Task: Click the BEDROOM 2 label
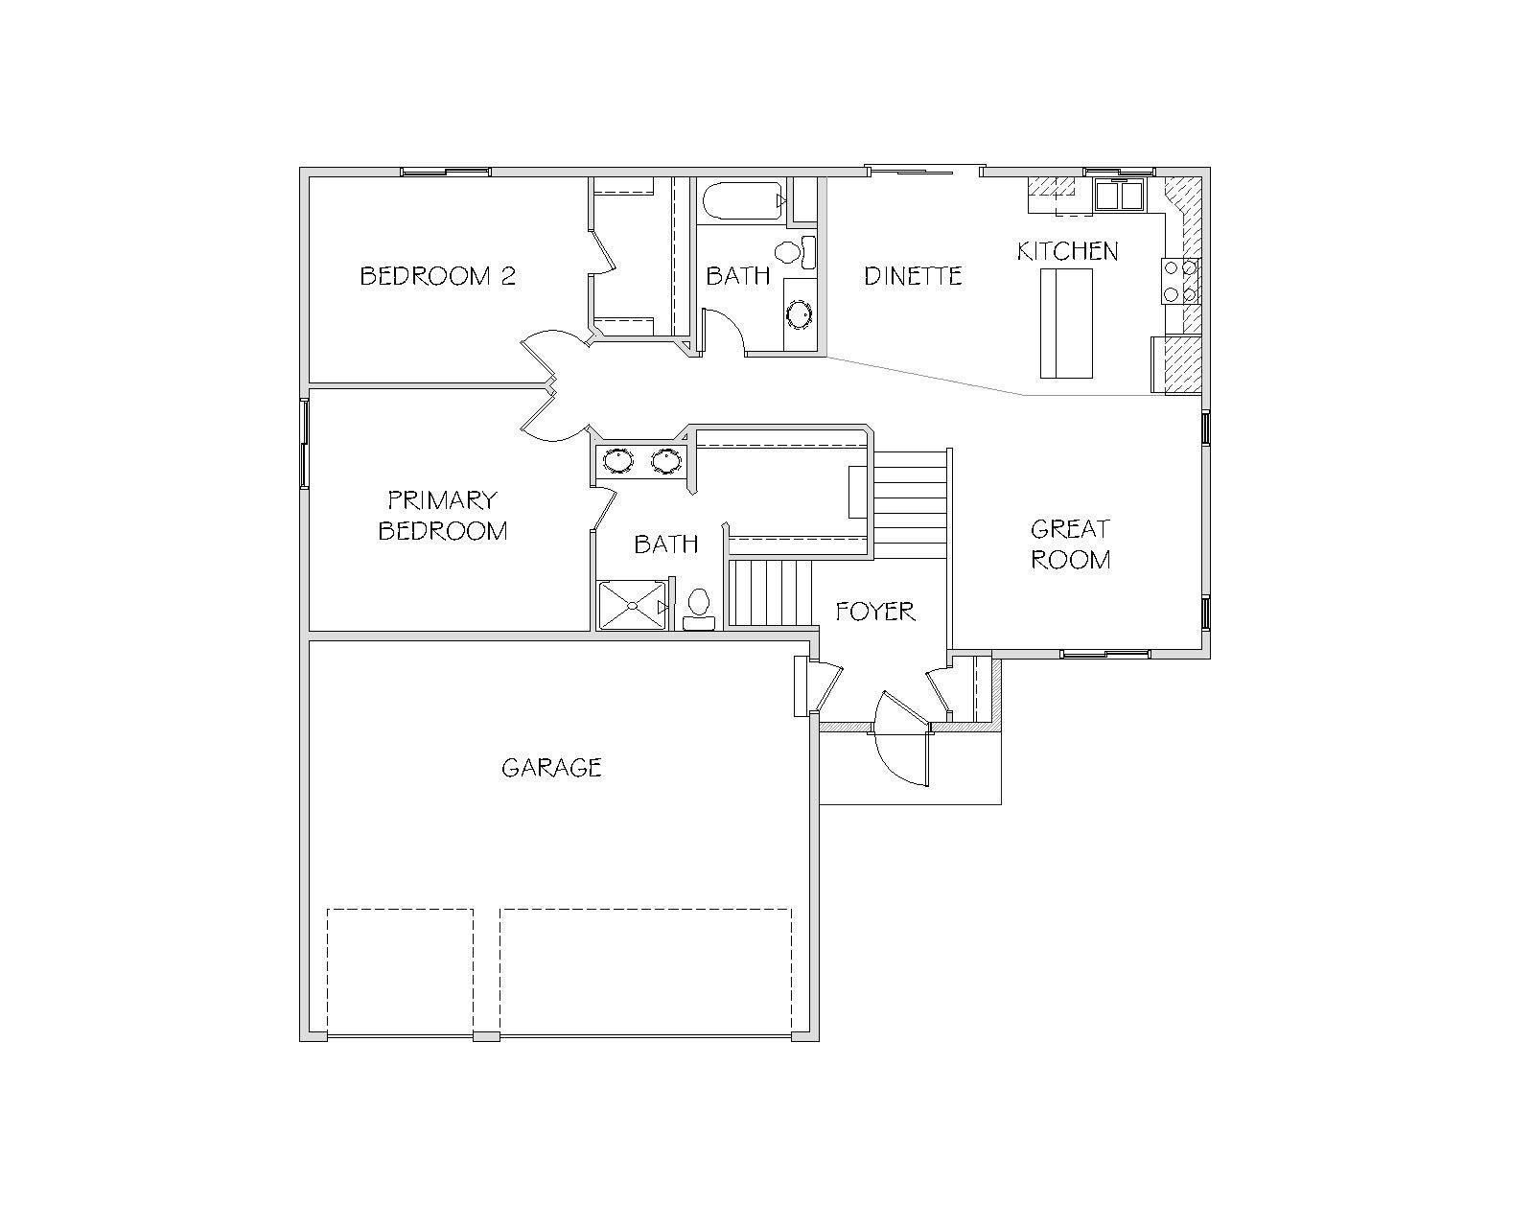click(x=438, y=276)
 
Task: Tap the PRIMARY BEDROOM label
click(x=442, y=516)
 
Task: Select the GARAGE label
click(x=551, y=767)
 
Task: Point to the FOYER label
click(x=875, y=611)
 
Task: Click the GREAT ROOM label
click(x=1071, y=544)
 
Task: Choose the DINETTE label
click(x=913, y=276)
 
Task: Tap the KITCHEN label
click(x=1068, y=251)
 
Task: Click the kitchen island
click(x=1066, y=323)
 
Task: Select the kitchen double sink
click(x=1119, y=195)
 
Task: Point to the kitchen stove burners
click(x=1180, y=281)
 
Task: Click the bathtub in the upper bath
click(x=744, y=200)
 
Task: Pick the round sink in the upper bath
click(x=799, y=314)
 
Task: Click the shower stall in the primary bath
click(x=633, y=606)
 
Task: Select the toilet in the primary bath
click(x=699, y=609)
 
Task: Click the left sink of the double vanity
click(x=618, y=460)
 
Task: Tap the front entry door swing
click(x=902, y=739)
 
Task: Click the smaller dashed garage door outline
click(x=400, y=971)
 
